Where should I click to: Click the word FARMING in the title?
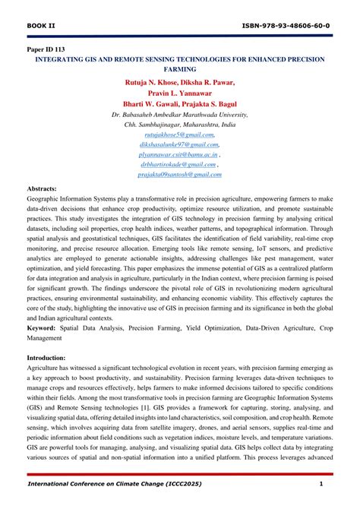click(179, 68)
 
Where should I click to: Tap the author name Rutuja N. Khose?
click(150, 82)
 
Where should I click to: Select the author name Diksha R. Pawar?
click(208, 82)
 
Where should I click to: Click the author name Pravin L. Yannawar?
click(179, 93)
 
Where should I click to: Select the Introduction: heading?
click(46, 357)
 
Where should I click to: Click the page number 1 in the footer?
click(321, 485)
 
